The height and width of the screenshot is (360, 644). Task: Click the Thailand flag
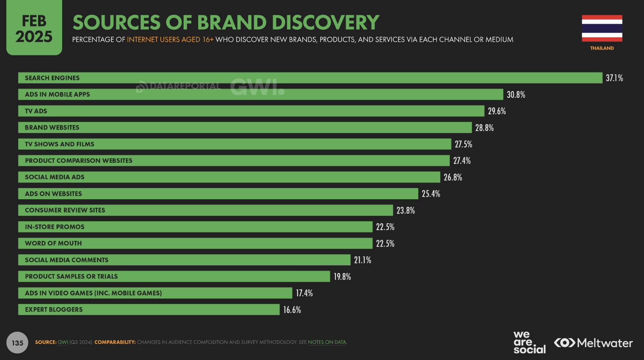(602, 28)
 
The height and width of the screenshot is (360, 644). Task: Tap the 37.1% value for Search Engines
(614, 78)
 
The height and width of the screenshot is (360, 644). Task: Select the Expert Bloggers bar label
(54, 309)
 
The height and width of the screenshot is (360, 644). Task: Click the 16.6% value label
(292, 310)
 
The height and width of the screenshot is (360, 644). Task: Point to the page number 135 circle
(17, 343)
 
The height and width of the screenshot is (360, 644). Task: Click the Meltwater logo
(593, 343)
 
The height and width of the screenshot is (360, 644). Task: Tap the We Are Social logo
(529, 342)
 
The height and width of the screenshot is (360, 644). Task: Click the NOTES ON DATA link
(327, 342)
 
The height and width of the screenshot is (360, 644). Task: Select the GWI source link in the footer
(63, 342)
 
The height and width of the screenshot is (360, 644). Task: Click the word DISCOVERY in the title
(326, 22)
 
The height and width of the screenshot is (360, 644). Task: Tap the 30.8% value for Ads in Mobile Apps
(516, 95)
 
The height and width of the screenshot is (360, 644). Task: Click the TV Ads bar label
(36, 111)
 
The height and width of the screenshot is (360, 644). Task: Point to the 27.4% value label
(462, 161)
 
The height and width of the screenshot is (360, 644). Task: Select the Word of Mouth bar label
(53, 243)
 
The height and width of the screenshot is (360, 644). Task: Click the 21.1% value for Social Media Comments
(363, 260)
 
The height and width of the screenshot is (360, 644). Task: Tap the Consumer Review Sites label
(65, 210)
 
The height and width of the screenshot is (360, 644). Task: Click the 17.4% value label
(304, 293)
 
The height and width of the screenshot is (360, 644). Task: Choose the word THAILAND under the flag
(602, 48)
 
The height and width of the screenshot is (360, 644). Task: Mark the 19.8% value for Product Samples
(342, 277)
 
